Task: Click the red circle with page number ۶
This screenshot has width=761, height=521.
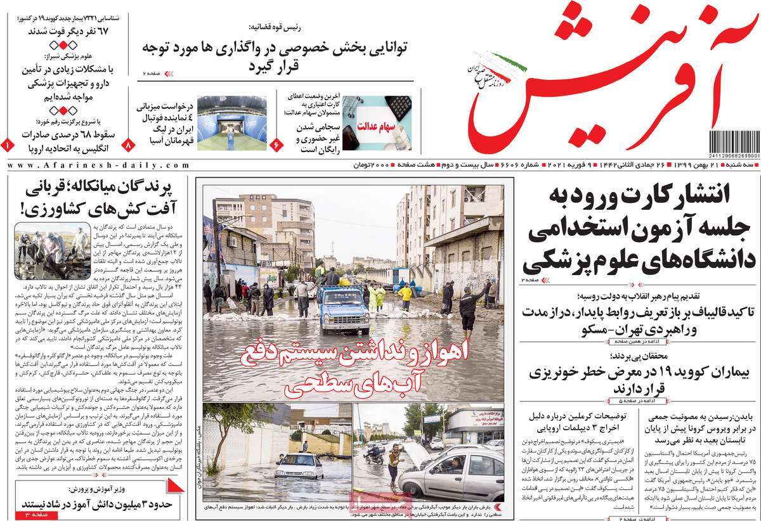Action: [x=276, y=145]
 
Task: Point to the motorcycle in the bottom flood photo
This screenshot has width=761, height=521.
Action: [x=374, y=455]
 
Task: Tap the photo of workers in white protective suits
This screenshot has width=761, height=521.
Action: [x=52, y=251]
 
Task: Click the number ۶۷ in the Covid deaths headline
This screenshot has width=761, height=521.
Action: [x=117, y=31]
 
